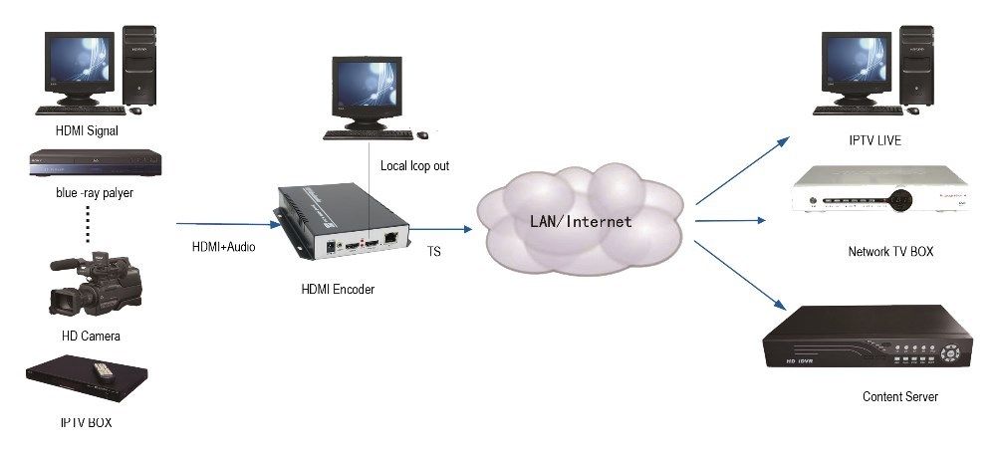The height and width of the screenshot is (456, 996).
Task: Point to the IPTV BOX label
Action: click(87, 422)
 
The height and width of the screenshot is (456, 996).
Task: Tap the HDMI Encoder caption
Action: click(338, 290)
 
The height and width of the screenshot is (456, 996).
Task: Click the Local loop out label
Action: click(415, 165)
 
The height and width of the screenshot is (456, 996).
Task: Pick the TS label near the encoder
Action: click(434, 253)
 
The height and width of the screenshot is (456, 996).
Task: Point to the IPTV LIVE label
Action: click(874, 141)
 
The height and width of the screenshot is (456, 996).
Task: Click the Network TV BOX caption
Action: click(889, 253)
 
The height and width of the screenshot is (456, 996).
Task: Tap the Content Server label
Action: click(899, 397)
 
